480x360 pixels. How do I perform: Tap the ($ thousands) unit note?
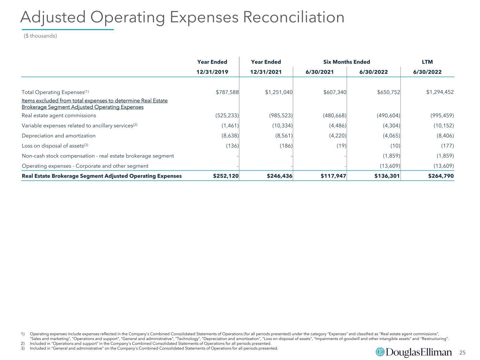(x=40, y=36)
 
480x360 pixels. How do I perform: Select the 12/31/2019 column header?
(x=212, y=72)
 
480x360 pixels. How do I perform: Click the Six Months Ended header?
(x=347, y=62)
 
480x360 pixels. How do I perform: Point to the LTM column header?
(x=427, y=62)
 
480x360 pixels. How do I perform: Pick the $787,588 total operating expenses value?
(x=227, y=92)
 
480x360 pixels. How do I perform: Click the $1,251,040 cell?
(x=279, y=92)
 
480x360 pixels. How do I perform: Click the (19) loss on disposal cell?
(x=341, y=146)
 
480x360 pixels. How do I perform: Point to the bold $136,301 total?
(x=387, y=176)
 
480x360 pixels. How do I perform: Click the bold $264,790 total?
(x=441, y=176)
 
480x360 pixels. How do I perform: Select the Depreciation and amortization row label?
(x=59, y=136)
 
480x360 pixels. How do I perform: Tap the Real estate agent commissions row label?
(x=59, y=115)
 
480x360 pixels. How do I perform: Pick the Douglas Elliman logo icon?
(x=380, y=352)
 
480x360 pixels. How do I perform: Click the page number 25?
(x=462, y=353)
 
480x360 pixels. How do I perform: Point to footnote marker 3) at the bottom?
(x=23, y=348)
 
